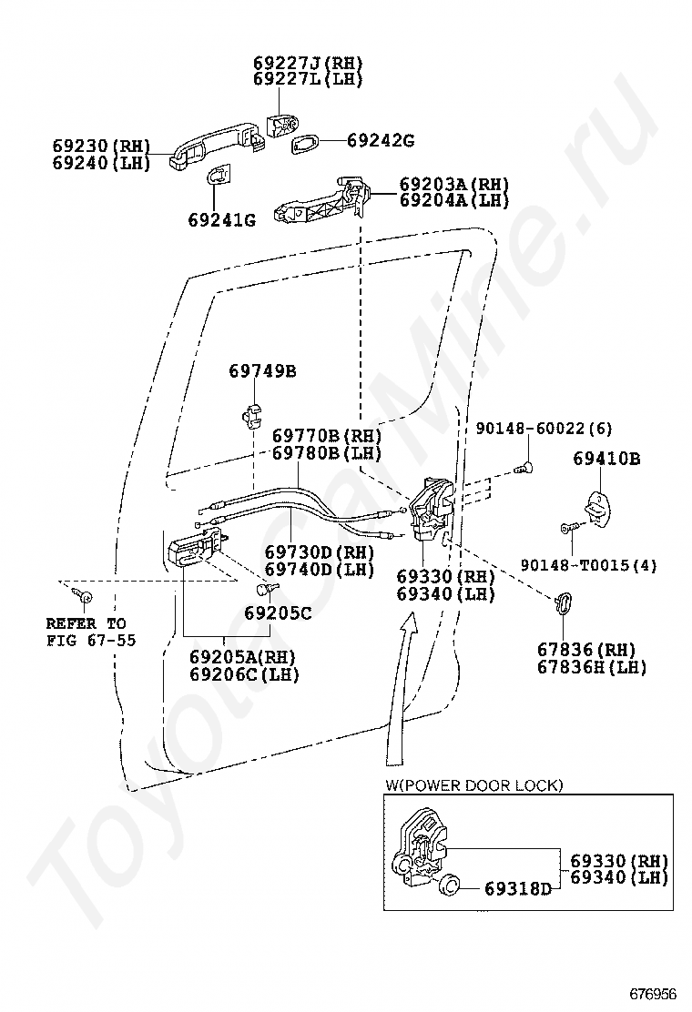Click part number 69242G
pyautogui.click(x=381, y=140)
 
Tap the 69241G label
pyautogui.click(x=222, y=220)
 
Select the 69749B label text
pyautogui.click(x=263, y=371)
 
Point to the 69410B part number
pyautogui.click(x=606, y=459)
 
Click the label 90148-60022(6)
pyautogui.click(x=544, y=428)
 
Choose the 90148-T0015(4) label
pyautogui.click(x=589, y=565)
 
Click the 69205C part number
pyautogui.click(x=278, y=613)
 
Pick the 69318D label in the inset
pyautogui.click(x=518, y=889)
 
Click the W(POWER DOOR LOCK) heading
pyautogui.click(x=474, y=785)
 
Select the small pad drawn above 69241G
pyautogui.click(x=219, y=177)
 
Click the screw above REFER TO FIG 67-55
pyautogui.click(x=83, y=596)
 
